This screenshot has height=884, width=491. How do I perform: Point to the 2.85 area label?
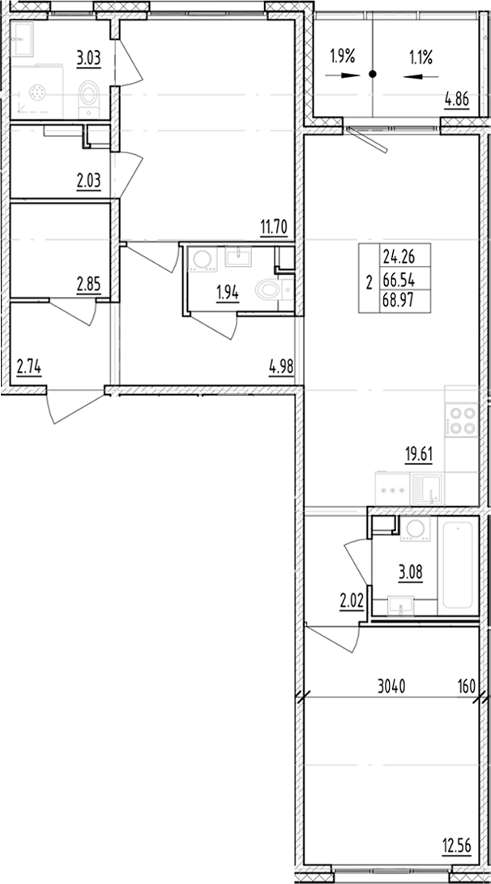pyautogui.click(x=88, y=285)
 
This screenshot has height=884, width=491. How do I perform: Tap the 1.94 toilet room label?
pyautogui.click(x=228, y=294)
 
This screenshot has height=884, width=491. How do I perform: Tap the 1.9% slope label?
pyautogui.click(x=343, y=57)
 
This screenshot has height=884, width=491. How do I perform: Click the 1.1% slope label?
pyautogui.click(x=420, y=57)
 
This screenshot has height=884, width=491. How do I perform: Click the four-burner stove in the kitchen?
pyautogui.click(x=462, y=422)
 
